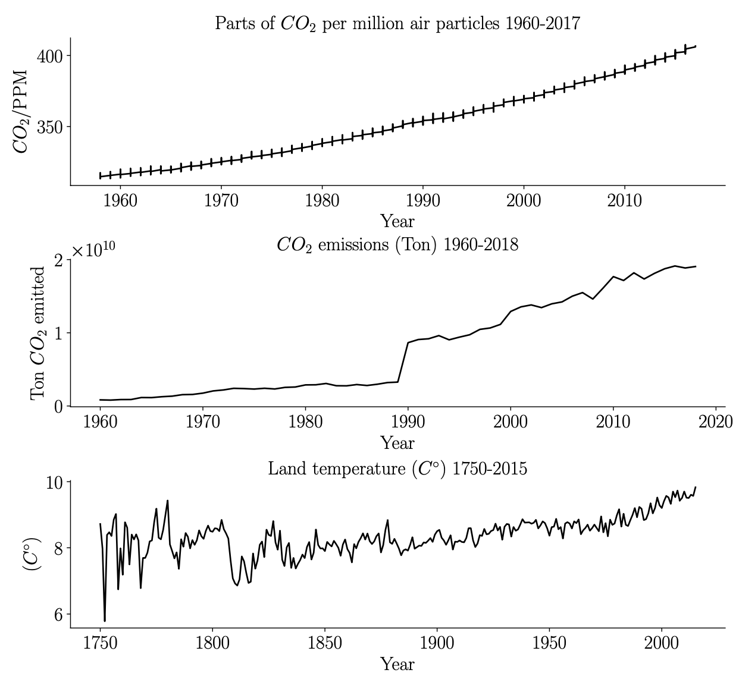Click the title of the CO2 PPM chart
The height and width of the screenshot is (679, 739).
pyautogui.click(x=397, y=23)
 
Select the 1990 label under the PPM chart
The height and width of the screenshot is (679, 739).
pyautogui.click(x=422, y=200)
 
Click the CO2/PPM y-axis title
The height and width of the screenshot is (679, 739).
pyautogui.click(x=21, y=111)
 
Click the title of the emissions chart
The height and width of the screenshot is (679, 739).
pyautogui.click(x=397, y=245)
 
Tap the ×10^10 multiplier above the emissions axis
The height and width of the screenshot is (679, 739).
pyautogui.click(x=93, y=251)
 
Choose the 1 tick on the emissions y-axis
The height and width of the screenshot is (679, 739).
pyautogui.click(x=58, y=333)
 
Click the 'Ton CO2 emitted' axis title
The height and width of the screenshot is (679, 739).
pyautogui.click(x=38, y=333)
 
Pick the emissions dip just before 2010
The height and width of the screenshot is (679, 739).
pyautogui.click(x=593, y=298)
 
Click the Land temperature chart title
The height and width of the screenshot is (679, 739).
pyautogui.click(x=397, y=469)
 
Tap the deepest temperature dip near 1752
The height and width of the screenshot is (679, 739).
pyautogui.click(x=105, y=620)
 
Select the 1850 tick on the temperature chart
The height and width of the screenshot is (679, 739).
pyautogui.click(x=325, y=643)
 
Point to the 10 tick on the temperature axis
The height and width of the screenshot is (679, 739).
pyautogui.click(x=54, y=482)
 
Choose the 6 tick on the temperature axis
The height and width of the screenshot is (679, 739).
pyautogui.click(x=58, y=615)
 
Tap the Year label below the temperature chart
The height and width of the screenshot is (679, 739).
pyautogui.click(x=397, y=664)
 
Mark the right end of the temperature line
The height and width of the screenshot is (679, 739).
pyautogui.click(x=695, y=488)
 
